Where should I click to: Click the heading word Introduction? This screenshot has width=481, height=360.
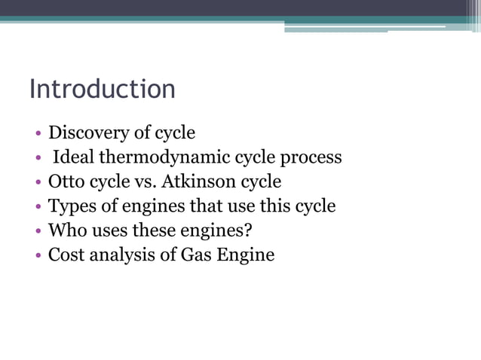point(102,89)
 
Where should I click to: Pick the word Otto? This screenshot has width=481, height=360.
point(66,182)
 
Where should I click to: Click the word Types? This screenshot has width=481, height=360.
point(69,206)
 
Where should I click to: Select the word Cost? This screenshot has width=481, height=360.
point(66,255)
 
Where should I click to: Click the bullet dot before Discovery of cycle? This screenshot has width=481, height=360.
point(38,135)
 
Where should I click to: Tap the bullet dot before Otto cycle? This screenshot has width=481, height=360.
point(38,183)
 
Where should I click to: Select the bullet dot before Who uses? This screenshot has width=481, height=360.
point(38,231)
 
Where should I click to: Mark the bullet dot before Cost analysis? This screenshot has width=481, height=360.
point(38,255)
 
